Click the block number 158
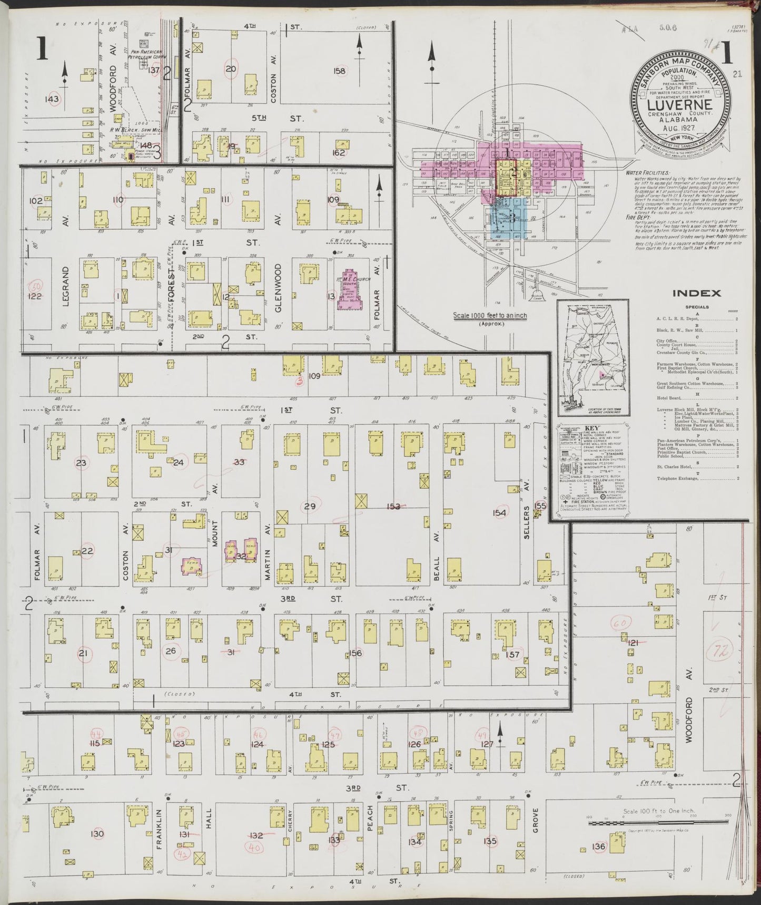click(339, 71)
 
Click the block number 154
click(499, 513)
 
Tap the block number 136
click(598, 846)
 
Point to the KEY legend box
click(593, 467)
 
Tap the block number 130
click(97, 833)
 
